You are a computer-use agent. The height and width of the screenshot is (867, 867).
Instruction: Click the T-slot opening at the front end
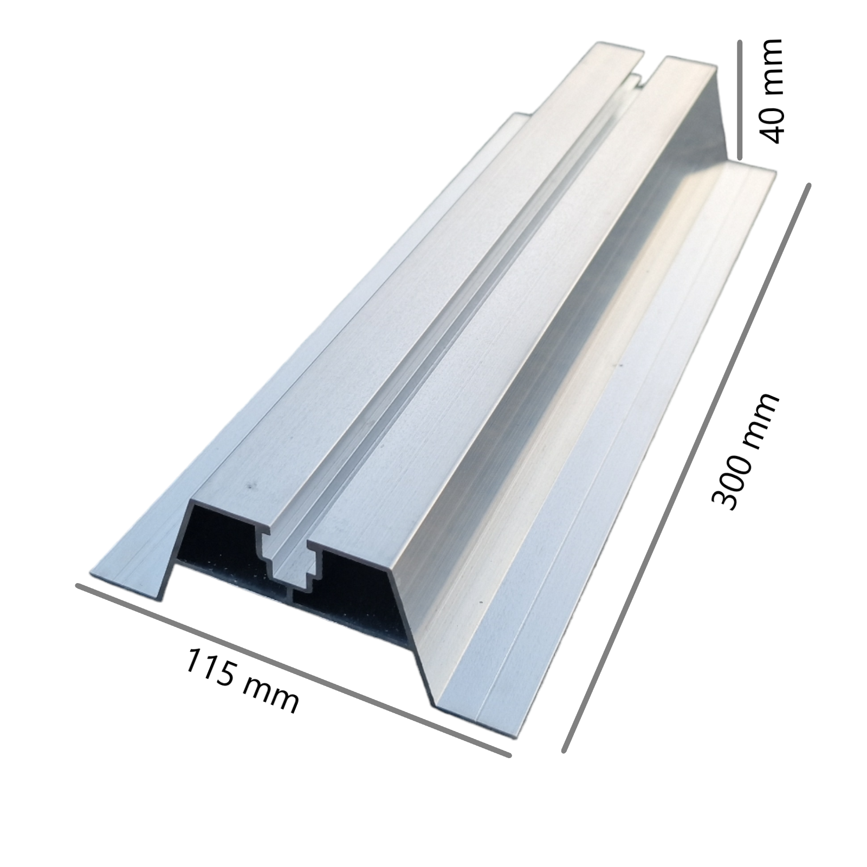click(293, 558)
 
